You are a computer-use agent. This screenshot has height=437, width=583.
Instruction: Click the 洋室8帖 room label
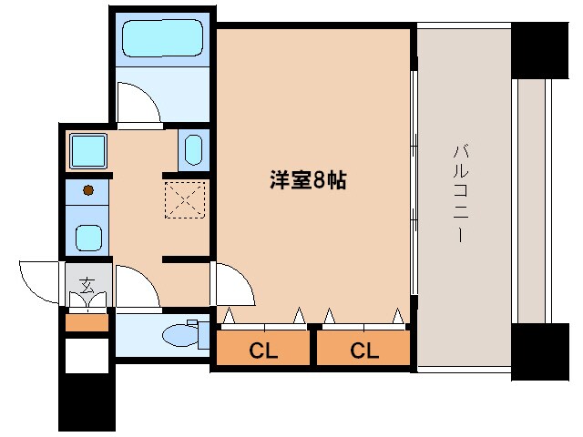tap(307, 180)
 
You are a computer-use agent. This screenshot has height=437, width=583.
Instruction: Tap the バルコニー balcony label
tap(460, 193)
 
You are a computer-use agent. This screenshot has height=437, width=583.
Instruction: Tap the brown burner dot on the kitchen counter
tap(88, 190)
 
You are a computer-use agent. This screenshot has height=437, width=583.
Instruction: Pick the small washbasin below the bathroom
tap(192, 150)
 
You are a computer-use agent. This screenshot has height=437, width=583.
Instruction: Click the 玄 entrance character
tap(87, 285)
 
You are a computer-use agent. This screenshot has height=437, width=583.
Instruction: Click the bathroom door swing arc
tap(139, 103)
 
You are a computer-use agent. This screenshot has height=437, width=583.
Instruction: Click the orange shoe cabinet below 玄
tap(87, 320)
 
